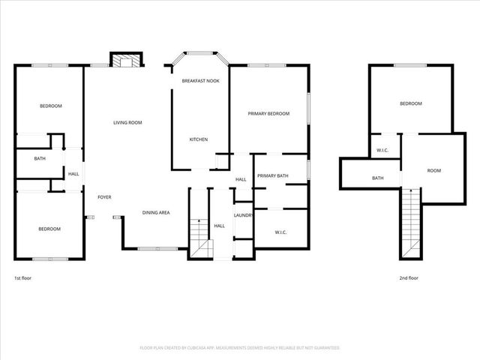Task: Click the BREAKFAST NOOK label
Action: [200, 80]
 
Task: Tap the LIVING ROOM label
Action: [127, 122]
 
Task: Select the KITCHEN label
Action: [198, 139]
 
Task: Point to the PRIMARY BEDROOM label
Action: [268, 113]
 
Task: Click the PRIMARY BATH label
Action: [273, 175]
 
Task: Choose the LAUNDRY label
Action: [244, 215]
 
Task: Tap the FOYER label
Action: [104, 197]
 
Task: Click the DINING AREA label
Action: [156, 212]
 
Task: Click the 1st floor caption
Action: [22, 277]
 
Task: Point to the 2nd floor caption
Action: [409, 277]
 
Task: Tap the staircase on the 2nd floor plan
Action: [410, 222]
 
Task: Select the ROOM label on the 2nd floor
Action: [433, 170]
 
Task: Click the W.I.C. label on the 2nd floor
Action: [382, 150]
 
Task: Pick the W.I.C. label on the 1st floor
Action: [281, 232]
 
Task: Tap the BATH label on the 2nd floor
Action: [378, 178]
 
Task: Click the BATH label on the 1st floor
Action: [40, 158]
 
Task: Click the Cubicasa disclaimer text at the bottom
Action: [240, 348]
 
